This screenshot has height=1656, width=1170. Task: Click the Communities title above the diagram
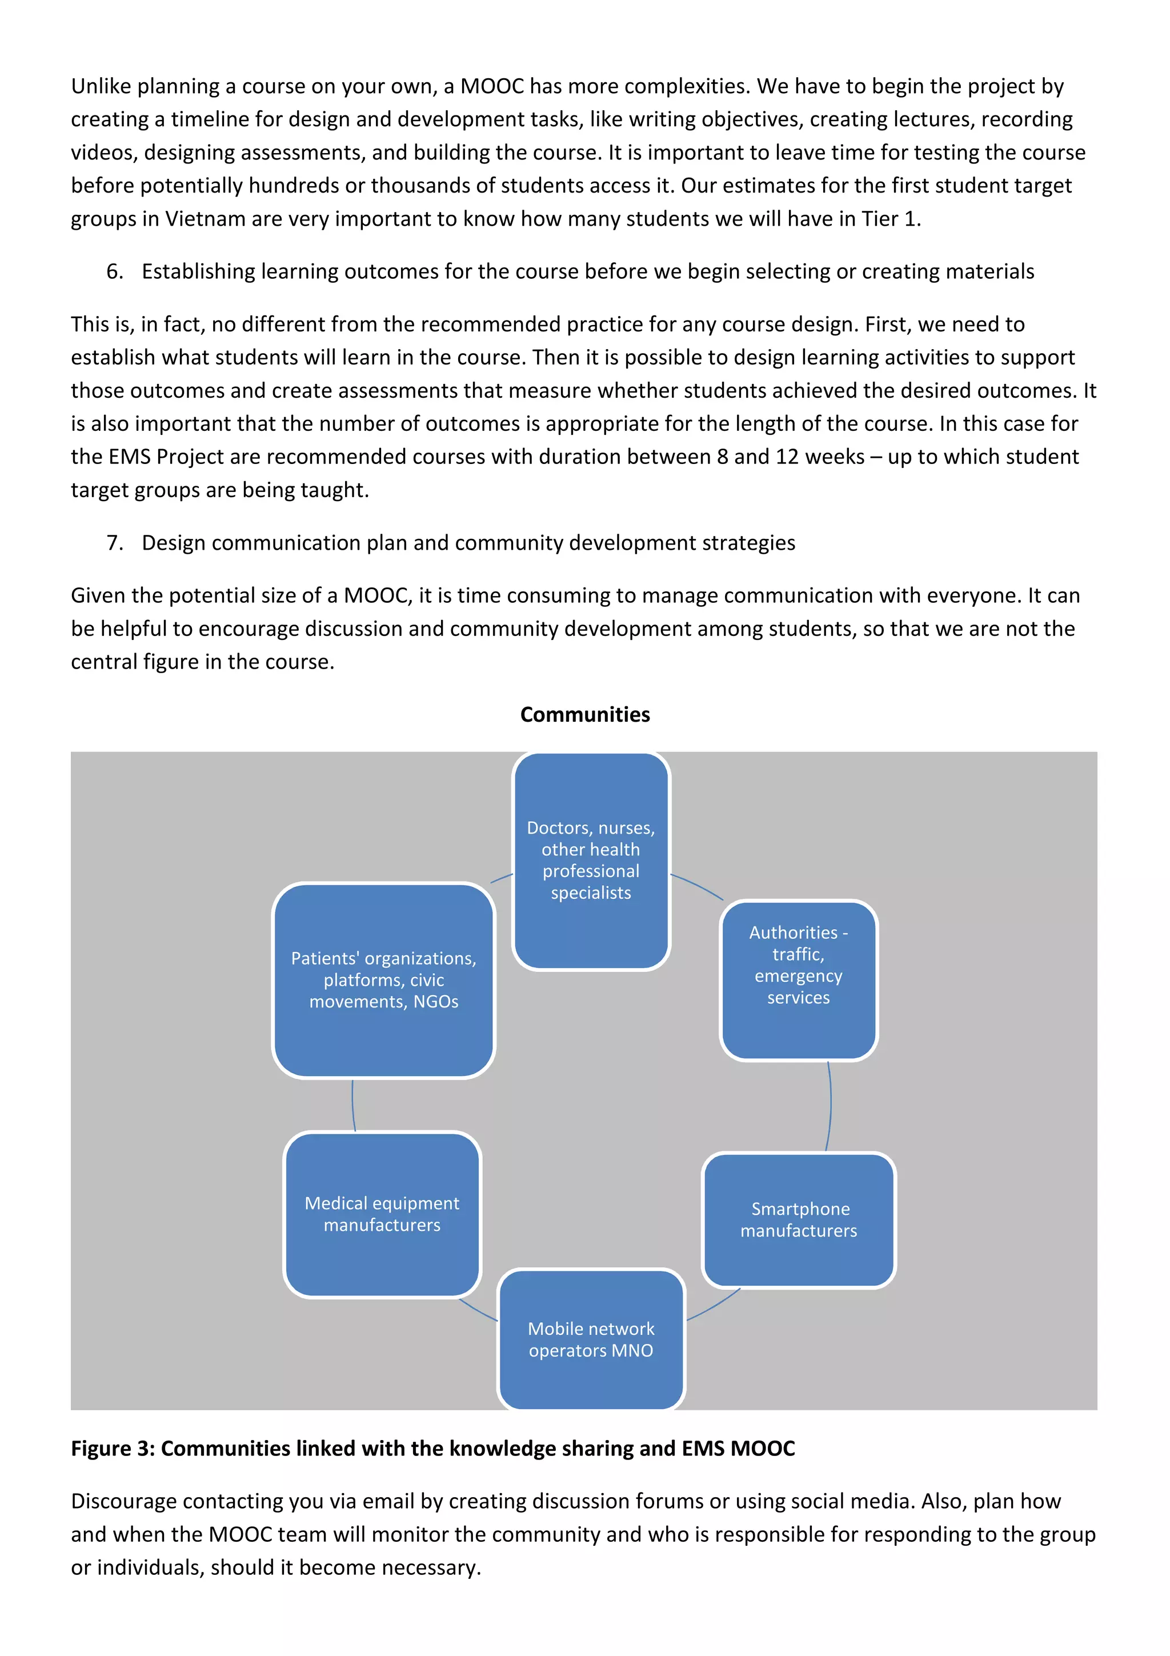pyautogui.click(x=584, y=714)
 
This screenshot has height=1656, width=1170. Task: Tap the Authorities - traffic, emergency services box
pyautogui.click(x=798, y=979)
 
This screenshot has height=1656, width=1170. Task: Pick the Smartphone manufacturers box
pyautogui.click(x=799, y=1219)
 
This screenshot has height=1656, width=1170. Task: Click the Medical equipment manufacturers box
pyautogui.click(x=382, y=1214)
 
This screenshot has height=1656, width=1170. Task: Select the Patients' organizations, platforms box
pyautogui.click(x=383, y=979)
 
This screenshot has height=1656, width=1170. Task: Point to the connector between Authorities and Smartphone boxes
pyautogui.click(x=831, y=1105)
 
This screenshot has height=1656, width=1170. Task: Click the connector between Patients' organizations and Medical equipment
pyautogui.click(x=352, y=1105)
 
